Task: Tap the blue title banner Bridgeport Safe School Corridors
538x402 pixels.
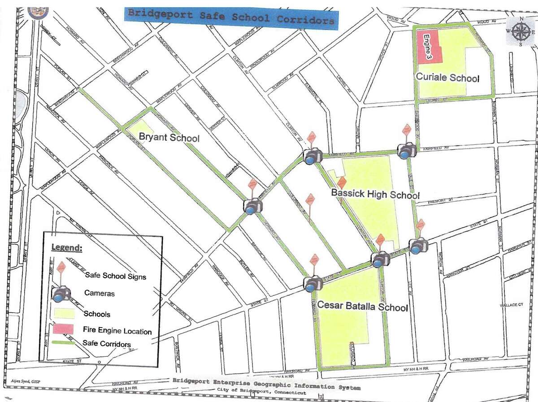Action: coord(231,17)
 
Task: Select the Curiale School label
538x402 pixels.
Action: coord(447,78)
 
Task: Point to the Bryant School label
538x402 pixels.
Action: coord(169,137)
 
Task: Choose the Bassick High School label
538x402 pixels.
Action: coord(375,195)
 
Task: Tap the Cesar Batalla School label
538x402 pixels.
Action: coord(362,307)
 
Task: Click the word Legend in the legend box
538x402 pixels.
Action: coord(66,247)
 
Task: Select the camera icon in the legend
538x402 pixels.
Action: coord(61,294)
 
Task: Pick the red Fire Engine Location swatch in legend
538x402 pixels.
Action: coord(65,329)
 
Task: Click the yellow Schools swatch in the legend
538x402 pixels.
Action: coord(65,312)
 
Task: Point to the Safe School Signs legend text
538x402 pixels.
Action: coord(115,276)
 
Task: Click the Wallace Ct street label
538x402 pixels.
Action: coord(512,305)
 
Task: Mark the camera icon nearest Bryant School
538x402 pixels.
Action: coord(253,206)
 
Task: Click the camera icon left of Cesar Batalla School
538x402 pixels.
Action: coord(312,283)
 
